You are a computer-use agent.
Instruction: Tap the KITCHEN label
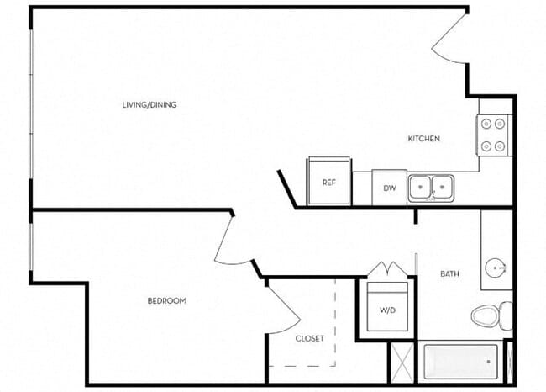(x=424, y=139)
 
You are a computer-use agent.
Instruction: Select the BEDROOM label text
(x=166, y=300)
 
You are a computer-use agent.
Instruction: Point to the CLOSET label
(x=309, y=338)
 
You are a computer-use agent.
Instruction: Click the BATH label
(x=449, y=274)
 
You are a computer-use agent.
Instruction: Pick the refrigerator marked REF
(x=329, y=182)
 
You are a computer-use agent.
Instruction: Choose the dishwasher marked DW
(x=389, y=188)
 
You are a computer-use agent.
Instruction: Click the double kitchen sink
(x=431, y=186)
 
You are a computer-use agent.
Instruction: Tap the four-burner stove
(x=494, y=135)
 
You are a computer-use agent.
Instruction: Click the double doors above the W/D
(x=387, y=270)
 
